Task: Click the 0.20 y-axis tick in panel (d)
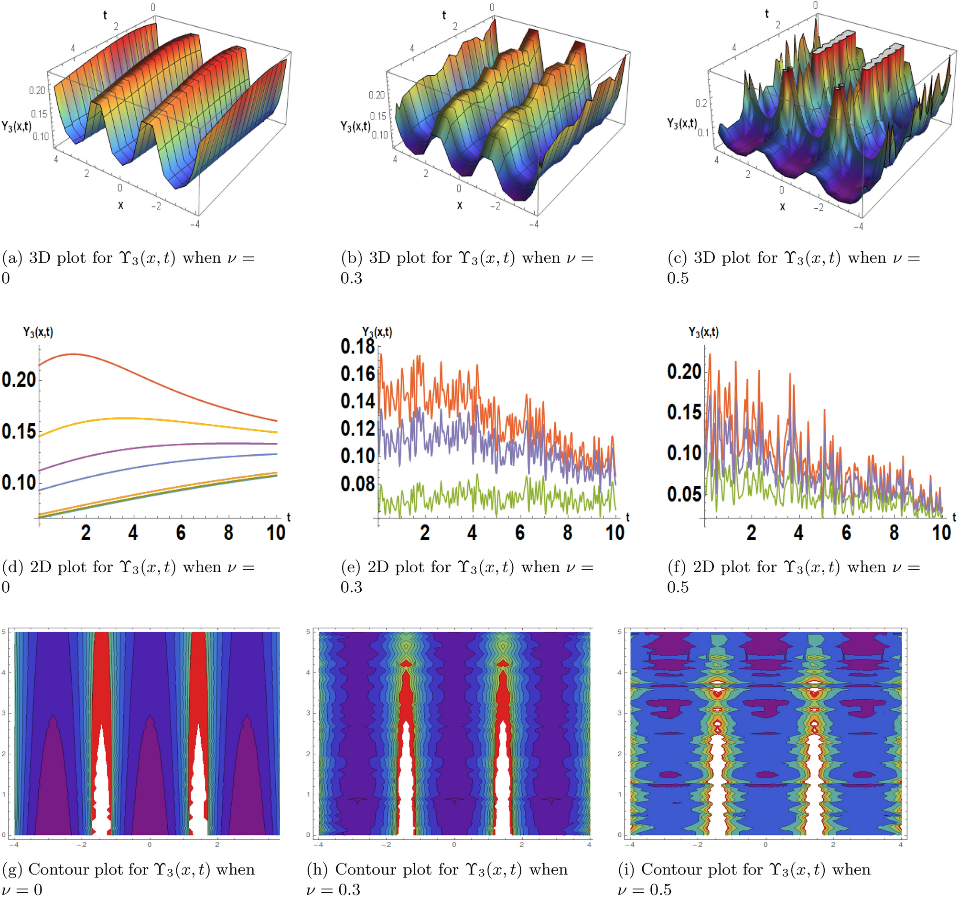pos(18,380)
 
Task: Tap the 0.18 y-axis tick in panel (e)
pos(357,346)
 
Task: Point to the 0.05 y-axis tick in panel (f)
pos(684,494)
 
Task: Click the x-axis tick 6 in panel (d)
pos(181,533)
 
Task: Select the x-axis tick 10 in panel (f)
pos(941,533)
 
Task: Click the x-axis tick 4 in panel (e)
pos(472,533)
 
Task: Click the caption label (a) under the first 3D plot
pos(12,258)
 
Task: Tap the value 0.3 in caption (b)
pos(351,278)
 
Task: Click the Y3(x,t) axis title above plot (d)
pos(38,332)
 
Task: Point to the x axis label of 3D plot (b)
pos(459,205)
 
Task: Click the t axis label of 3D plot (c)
pos(766,14)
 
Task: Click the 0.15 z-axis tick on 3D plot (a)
pos(39,114)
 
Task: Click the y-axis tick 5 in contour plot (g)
pos(4,631)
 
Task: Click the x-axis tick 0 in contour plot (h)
pos(453,844)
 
